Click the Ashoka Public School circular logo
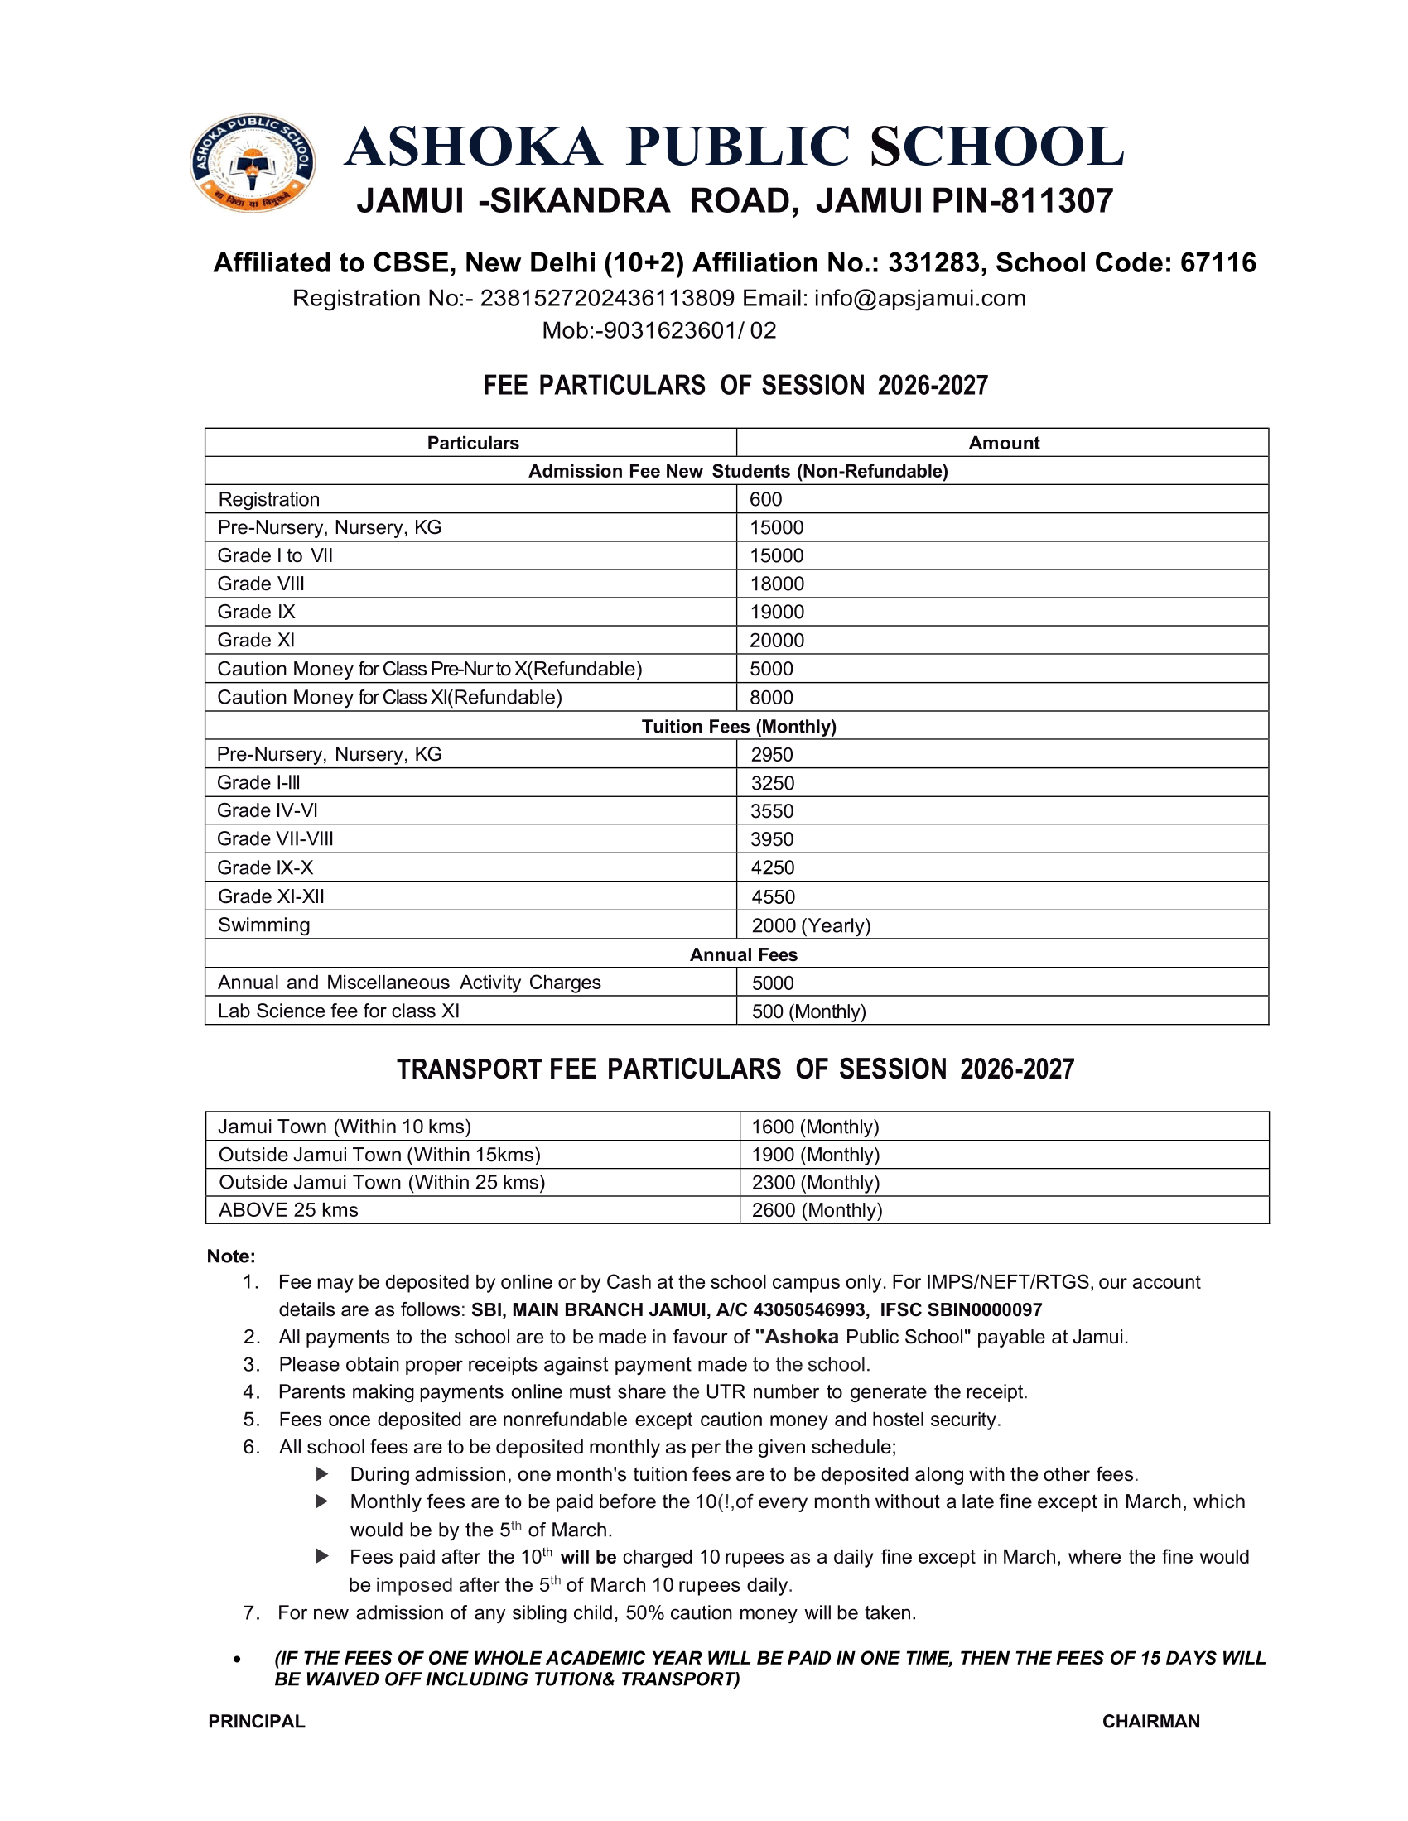[x=253, y=162]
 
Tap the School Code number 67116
[x=1218, y=262]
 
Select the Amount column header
[x=1004, y=443]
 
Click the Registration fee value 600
[x=766, y=499]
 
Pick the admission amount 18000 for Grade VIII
[x=777, y=584]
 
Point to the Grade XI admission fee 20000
[x=777, y=641]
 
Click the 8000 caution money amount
[x=771, y=697]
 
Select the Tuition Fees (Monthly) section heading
[x=738, y=726]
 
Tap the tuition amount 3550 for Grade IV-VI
[x=772, y=811]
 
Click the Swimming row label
[x=263, y=925]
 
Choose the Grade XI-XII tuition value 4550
[x=773, y=897]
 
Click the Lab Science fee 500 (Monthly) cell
[x=808, y=1011]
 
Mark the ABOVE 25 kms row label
[x=287, y=1210]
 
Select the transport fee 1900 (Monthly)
[x=815, y=1155]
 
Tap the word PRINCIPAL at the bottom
[x=257, y=1722]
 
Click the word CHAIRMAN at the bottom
[x=1150, y=1722]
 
